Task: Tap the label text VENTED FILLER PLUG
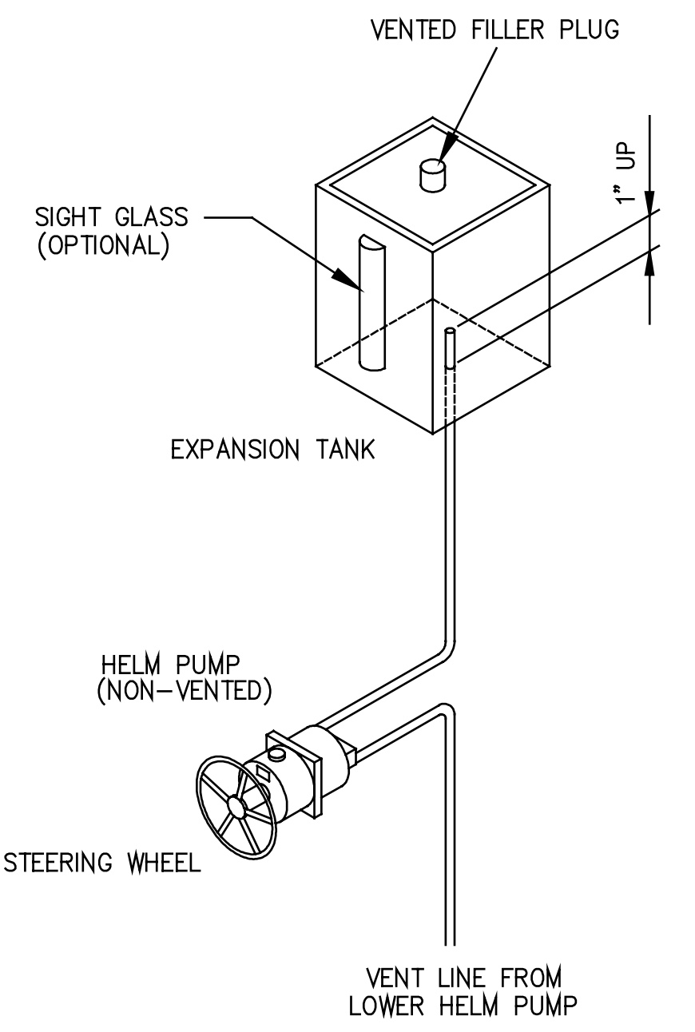coord(494,31)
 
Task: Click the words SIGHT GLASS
coord(111,216)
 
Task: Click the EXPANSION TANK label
coord(272,451)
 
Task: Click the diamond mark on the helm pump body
coord(262,772)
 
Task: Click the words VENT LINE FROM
coord(463,978)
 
